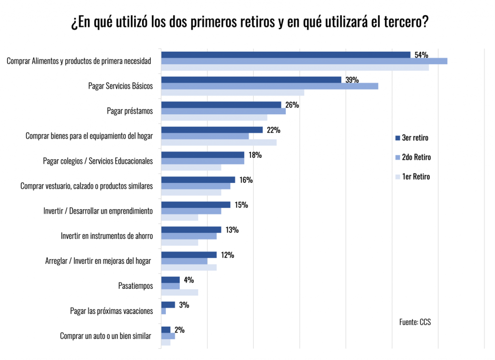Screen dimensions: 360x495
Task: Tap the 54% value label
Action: pyautogui.click(x=421, y=55)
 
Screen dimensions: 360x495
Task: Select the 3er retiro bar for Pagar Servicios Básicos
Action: pyautogui.click(x=251, y=80)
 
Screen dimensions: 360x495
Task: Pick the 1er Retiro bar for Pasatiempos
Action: pyautogui.click(x=179, y=292)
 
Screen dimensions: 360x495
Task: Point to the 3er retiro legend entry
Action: pyautogui.click(x=411, y=138)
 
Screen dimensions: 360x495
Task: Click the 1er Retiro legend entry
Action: pyautogui.click(x=412, y=177)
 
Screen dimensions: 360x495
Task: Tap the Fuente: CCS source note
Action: pyautogui.click(x=415, y=322)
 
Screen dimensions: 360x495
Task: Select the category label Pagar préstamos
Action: pyautogui.click(x=130, y=111)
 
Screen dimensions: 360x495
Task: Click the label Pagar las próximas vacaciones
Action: pyautogui.click(x=111, y=311)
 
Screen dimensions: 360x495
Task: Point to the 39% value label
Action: pyautogui.click(x=352, y=80)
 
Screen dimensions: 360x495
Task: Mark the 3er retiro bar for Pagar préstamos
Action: pyautogui.click(x=221, y=105)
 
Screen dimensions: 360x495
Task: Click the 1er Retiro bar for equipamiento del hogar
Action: pyautogui.click(x=218, y=142)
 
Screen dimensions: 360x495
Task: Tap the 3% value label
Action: pyautogui.click(x=184, y=305)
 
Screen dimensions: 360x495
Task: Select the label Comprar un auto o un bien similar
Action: pyautogui.click(x=105, y=336)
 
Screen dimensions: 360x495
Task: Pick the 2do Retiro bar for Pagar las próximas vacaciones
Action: pyautogui.click(x=163, y=311)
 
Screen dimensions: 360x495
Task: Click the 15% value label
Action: pyautogui.click(x=241, y=205)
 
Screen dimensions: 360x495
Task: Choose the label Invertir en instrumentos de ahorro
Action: pyautogui.click(x=107, y=236)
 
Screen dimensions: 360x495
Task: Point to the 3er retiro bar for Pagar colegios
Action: pyautogui.click(x=203, y=155)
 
